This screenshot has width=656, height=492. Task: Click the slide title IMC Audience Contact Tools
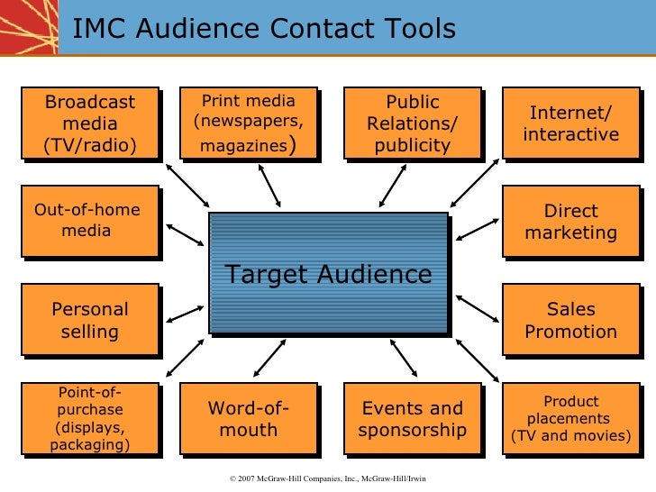(x=264, y=30)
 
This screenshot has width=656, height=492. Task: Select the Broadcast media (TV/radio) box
(x=89, y=123)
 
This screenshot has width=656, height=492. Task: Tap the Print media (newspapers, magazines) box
(x=248, y=123)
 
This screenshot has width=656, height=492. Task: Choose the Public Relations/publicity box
(x=412, y=123)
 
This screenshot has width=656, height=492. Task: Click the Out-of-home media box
(x=87, y=221)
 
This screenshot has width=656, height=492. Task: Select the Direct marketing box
(x=570, y=222)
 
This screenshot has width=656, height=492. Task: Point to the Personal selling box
(x=89, y=320)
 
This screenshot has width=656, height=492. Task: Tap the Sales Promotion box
(x=570, y=320)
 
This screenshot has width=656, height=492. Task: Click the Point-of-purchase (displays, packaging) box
(x=89, y=418)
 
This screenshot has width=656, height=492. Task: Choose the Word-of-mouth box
(x=248, y=418)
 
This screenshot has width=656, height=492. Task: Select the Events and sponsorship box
(x=412, y=418)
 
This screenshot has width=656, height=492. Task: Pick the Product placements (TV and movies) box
(x=570, y=418)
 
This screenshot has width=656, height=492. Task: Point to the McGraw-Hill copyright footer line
(x=328, y=478)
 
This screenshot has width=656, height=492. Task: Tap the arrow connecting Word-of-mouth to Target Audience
(x=269, y=358)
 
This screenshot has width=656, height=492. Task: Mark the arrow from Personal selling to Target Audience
(x=186, y=314)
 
